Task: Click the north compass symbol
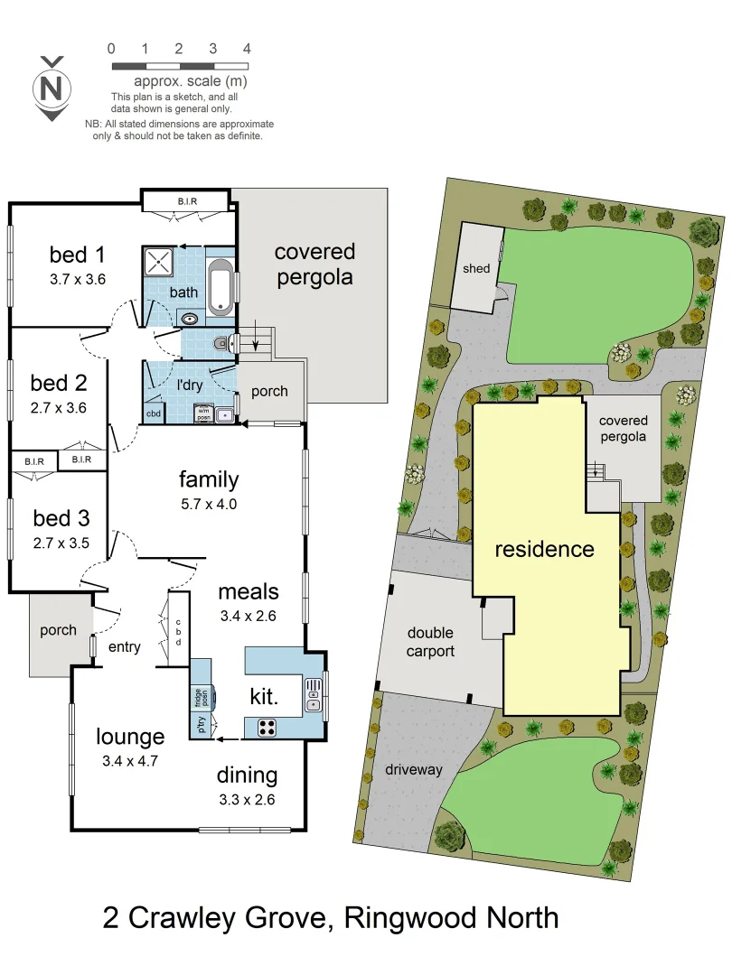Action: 52,88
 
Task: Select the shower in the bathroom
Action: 159,264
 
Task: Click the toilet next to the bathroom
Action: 221,344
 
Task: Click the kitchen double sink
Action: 313,693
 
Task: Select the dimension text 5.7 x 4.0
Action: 208,504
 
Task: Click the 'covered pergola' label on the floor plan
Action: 315,265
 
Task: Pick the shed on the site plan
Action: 476,267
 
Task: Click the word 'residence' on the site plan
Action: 544,549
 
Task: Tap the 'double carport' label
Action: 430,642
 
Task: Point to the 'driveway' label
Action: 414,769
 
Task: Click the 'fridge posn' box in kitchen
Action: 200,698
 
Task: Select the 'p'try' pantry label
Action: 200,725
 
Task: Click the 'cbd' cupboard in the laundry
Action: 155,413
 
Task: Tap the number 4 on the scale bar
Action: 247,49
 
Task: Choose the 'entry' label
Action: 125,646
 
